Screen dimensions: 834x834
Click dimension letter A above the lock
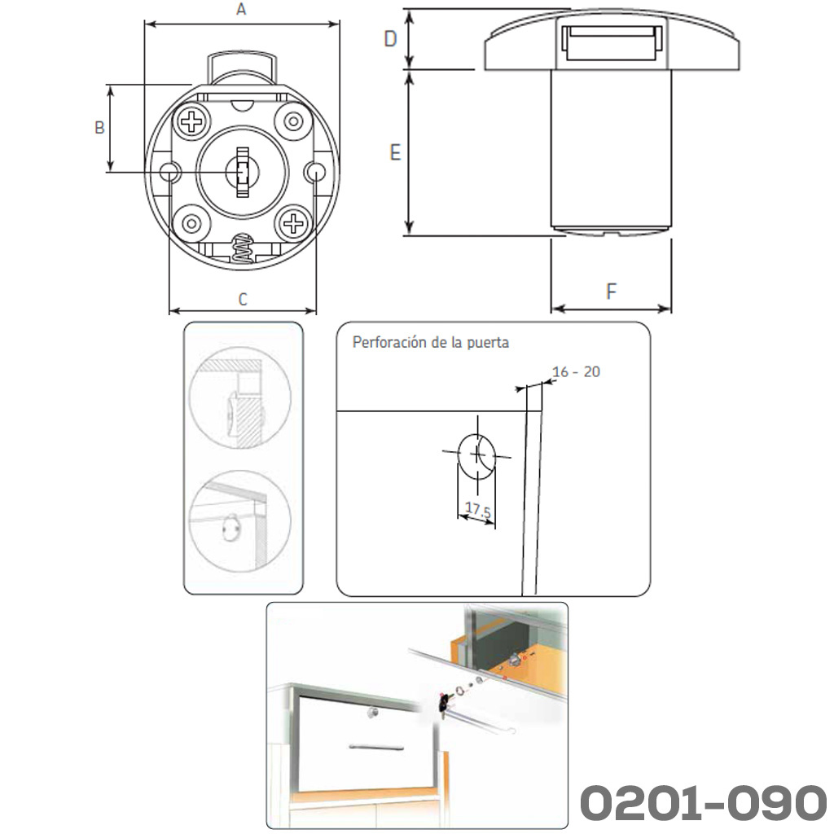[x=241, y=10]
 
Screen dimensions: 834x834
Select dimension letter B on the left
[x=99, y=128]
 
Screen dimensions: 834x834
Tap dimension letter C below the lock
[x=243, y=299]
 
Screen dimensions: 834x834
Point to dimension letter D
[x=390, y=39]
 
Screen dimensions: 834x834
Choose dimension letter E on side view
[x=395, y=152]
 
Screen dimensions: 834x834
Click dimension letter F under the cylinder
[x=611, y=292]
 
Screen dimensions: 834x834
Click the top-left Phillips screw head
[x=192, y=122]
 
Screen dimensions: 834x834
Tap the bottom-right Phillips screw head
[x=293, y=223]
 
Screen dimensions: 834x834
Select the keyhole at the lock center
[x=243, y=172]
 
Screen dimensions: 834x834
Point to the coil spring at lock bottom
[x=243, y=248]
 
